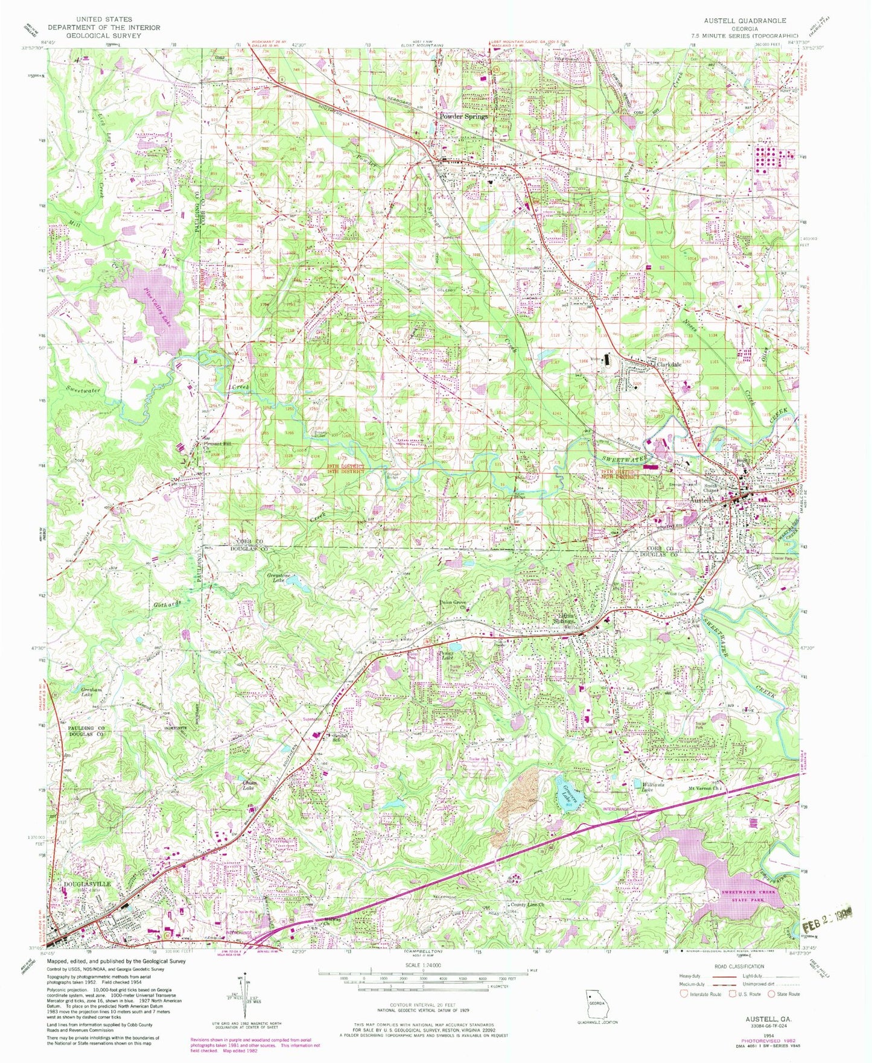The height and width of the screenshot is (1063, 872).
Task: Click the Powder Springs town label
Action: pyautogui.click(x=463, y=116)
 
